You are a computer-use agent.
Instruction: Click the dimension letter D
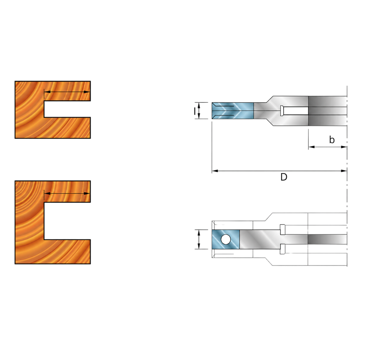[284, 177]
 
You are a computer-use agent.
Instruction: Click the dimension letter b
[332, 140]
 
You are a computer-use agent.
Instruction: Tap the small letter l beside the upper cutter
[194, 111]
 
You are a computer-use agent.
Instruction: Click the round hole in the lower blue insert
[225, 239]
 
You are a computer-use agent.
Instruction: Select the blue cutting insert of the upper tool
[232, 110]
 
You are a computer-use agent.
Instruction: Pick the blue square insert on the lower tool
[225, 239]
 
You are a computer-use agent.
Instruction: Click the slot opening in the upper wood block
[67, 109]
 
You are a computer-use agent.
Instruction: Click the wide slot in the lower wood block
[67, 221]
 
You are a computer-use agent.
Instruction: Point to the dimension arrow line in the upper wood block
[67, 92]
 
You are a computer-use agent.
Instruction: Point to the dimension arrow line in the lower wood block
[67, 193]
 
